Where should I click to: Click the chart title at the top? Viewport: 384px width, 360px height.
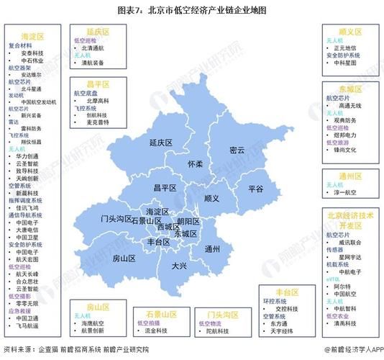click(191, 11)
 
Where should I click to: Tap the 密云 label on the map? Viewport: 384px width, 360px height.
click(237, 150)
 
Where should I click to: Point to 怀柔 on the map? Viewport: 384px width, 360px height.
click(195, 164)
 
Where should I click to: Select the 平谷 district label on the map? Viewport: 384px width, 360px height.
click(256, 188)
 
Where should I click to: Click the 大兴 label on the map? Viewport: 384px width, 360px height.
click(179, 266)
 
